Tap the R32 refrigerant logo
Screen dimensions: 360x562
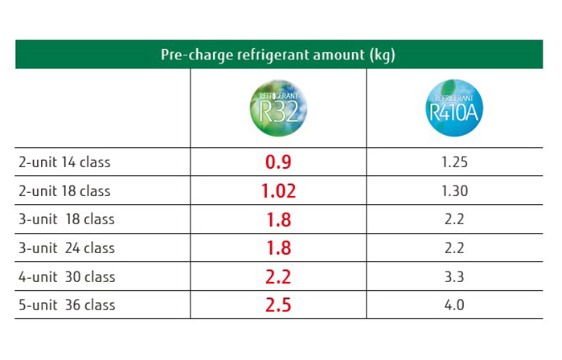(278, 108)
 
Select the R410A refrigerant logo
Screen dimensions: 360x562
(454, 108)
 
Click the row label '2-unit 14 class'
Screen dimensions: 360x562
(64, 162)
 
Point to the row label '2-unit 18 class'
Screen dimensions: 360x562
(64, 191)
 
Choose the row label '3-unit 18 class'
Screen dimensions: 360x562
(67, 219)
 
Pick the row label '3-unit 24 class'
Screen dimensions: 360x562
(67, 248)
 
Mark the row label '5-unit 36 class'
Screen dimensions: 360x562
(67, 305)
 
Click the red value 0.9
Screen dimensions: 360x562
(278, 162)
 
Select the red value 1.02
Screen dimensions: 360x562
(278, 191)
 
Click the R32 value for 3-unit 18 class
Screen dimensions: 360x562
(278, 219)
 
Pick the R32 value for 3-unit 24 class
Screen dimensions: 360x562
(278, 248)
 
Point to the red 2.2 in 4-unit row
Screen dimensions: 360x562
(278, 277)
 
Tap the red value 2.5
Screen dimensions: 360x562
(278, 305)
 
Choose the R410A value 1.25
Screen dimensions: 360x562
(455, 162)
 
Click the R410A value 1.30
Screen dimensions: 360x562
(455, 191)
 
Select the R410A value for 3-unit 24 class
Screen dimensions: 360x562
(455, 248)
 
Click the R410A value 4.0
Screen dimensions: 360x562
(455, 305)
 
